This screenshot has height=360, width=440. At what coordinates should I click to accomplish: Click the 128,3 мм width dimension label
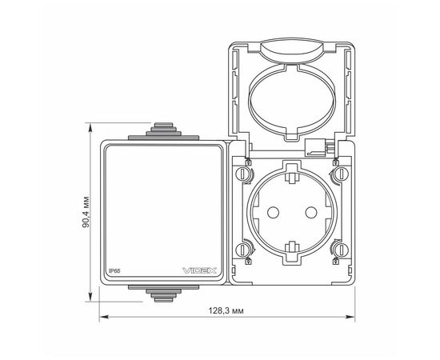(x=226, y=310)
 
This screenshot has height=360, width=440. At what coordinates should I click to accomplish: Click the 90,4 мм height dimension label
(x=86, y=212)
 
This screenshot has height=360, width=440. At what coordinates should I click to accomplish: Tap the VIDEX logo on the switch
(x=199, y=270)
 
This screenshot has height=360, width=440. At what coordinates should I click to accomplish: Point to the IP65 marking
(x=114, y=271)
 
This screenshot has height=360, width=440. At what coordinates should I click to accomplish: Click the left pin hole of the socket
(x=273, y=213)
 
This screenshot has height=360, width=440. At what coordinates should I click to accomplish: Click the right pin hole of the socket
(x=311, y=213)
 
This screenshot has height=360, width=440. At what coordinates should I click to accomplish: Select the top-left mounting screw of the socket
(x=242, y=174)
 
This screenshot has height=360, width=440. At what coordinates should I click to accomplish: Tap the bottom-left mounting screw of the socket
(x=242, y=250)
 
